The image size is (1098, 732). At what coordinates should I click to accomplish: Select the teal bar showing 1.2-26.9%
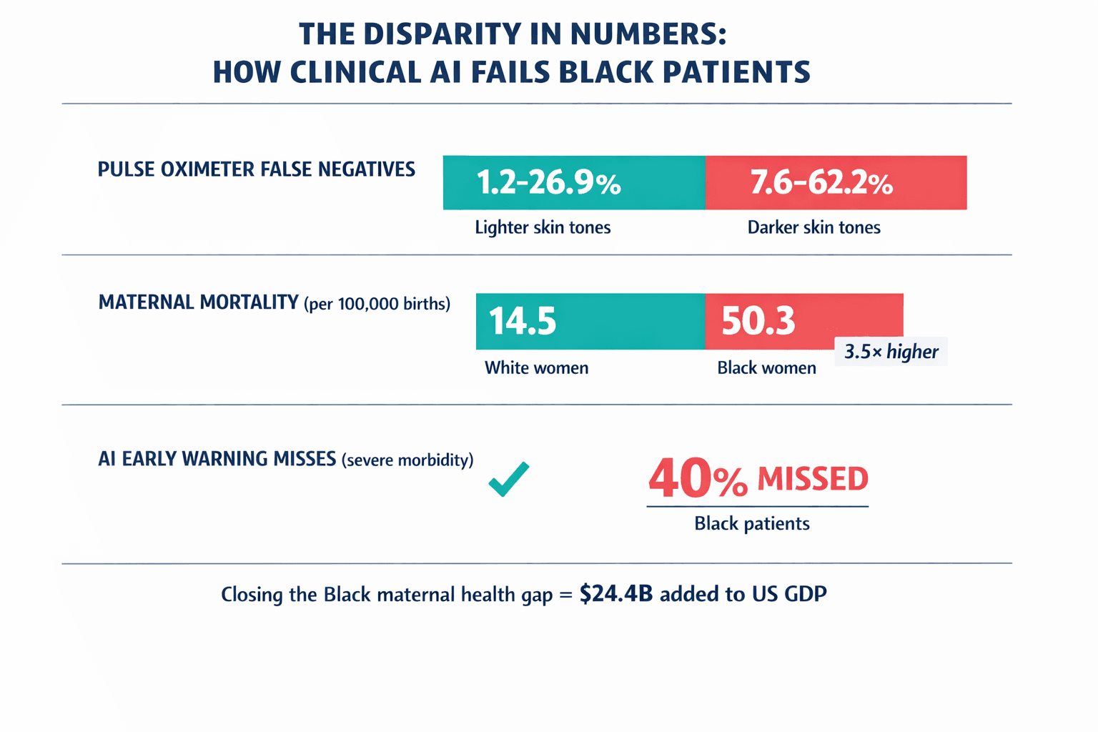(x=574, y=183)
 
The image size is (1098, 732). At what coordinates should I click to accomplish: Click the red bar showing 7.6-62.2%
(x=836, y=183)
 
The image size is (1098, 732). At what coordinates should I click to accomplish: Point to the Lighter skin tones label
(x=543, y=228)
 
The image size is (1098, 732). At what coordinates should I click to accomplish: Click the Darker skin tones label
(x=813, y=228)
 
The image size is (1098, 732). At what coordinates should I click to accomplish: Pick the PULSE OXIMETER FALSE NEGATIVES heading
(x=256, y=169)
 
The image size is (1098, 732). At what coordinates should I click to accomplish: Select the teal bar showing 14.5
(x=590, y=321)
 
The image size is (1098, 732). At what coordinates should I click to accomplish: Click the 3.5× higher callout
(x=891, y=352)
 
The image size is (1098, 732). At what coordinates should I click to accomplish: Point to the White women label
(x=536, y=368)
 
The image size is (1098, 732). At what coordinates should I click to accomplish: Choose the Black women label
(x=766, y=368)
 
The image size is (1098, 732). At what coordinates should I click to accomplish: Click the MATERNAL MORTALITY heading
(x=198, y=302)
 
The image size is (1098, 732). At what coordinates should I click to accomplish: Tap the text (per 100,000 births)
(x=377, y=304)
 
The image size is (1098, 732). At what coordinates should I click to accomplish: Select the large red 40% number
(x=697, y=479)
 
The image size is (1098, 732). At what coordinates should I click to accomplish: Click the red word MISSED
(x=812, y=479)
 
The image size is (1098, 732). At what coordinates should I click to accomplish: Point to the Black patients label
(x=751, y=524)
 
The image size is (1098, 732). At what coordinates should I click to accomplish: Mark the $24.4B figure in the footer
(x=616, y=594)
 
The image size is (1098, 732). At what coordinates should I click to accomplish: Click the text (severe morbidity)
(x=407, y=460)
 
